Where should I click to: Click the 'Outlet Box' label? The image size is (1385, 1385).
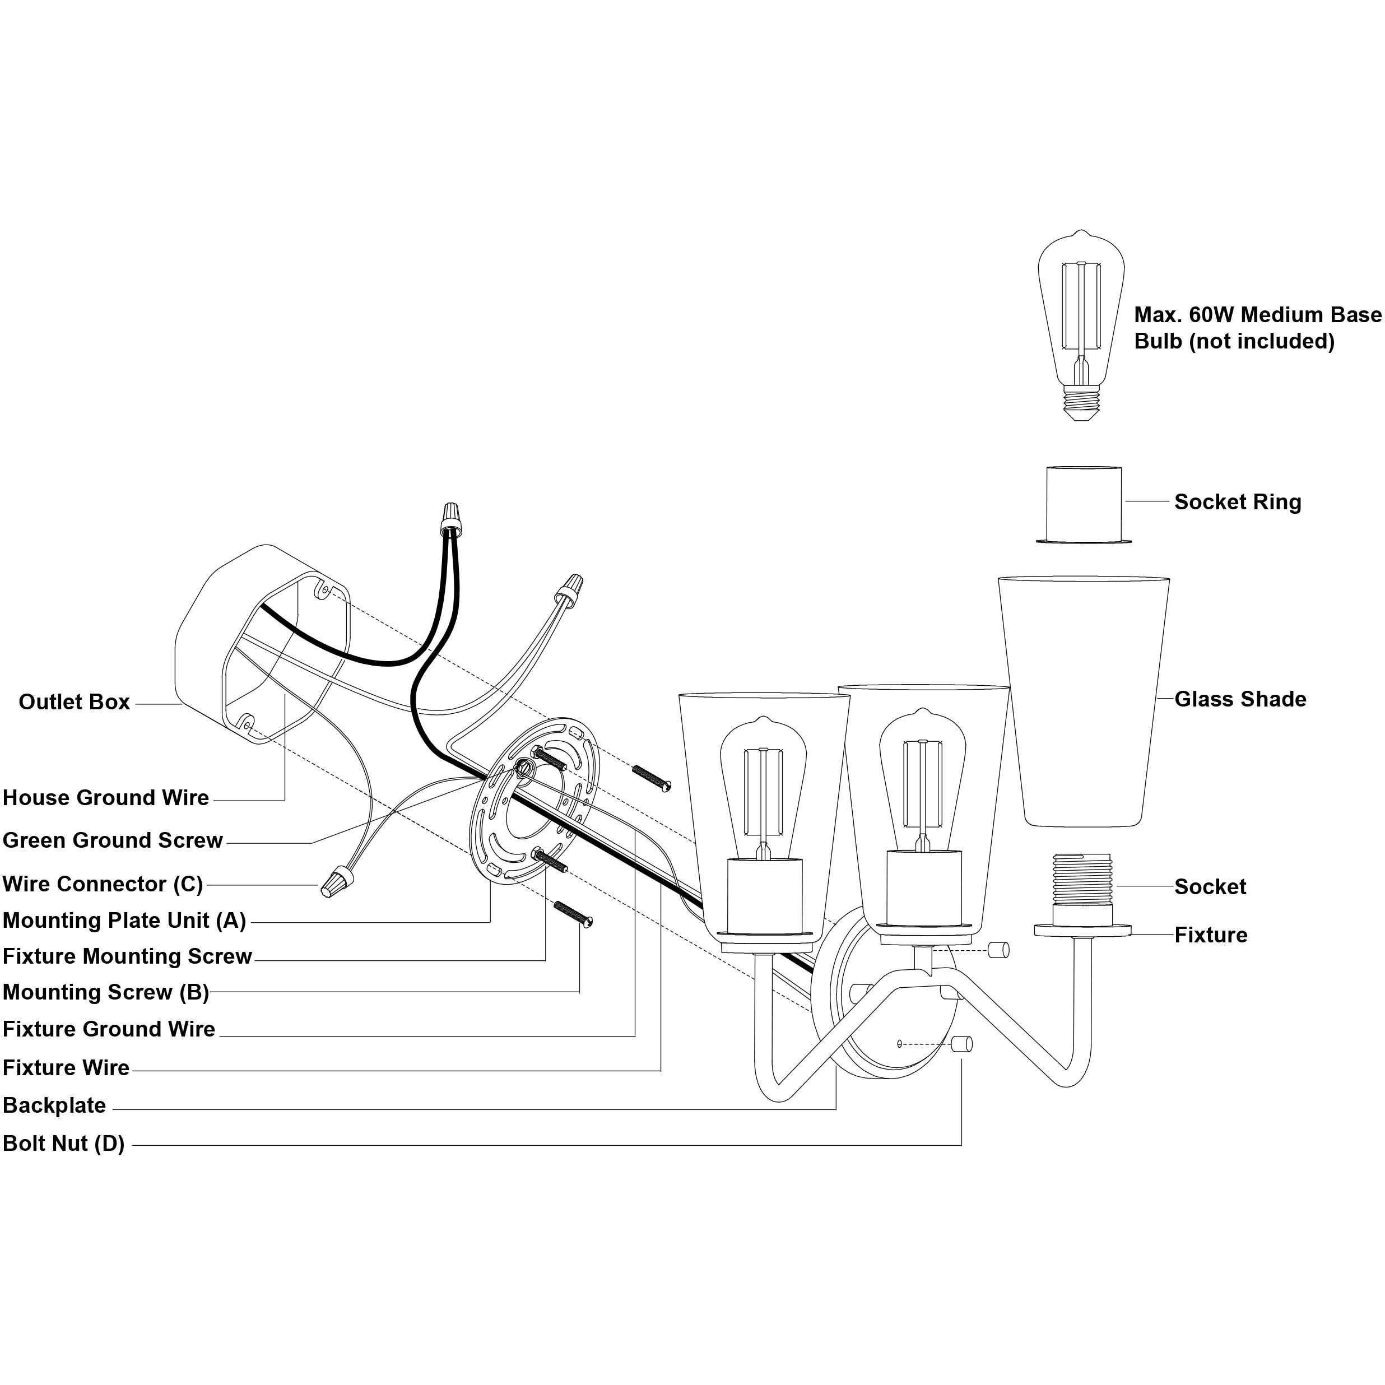(75, 702)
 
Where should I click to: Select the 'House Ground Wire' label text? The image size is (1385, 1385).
(106, 798)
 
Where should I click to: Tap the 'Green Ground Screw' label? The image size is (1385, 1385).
(113, 840)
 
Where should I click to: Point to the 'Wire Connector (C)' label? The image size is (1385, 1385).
(103, 884)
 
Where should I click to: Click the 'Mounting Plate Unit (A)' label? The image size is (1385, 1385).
(124, 921)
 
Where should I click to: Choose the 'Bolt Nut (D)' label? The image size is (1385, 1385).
(64, 1144)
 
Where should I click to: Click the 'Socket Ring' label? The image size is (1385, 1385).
(1237, 503)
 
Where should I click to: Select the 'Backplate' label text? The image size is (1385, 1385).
(54, 1105)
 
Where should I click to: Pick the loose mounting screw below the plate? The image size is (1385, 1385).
(573, 913)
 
